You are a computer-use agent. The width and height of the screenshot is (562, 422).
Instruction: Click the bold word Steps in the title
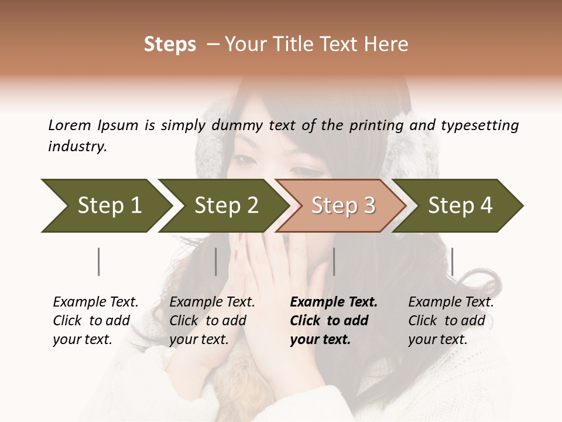(170, 45)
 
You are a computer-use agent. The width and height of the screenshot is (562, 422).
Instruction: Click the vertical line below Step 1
(99, 261)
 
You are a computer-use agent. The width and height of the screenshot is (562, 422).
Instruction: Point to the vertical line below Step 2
(216, 261)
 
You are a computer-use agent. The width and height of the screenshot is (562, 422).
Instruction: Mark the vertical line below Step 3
(334, 261)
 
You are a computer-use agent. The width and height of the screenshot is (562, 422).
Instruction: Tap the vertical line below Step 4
(452, 261)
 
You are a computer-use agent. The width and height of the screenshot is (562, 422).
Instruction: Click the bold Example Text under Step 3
(333, 321)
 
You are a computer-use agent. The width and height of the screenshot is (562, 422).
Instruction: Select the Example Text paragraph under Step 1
(95, 321)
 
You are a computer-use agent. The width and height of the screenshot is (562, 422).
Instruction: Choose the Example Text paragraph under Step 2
(212, 321)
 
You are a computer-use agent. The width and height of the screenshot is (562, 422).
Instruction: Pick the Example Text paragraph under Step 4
(451, 321)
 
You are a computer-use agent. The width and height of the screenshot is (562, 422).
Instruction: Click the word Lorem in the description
(70, 125)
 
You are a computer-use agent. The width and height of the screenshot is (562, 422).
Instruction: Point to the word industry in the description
(77, 147)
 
